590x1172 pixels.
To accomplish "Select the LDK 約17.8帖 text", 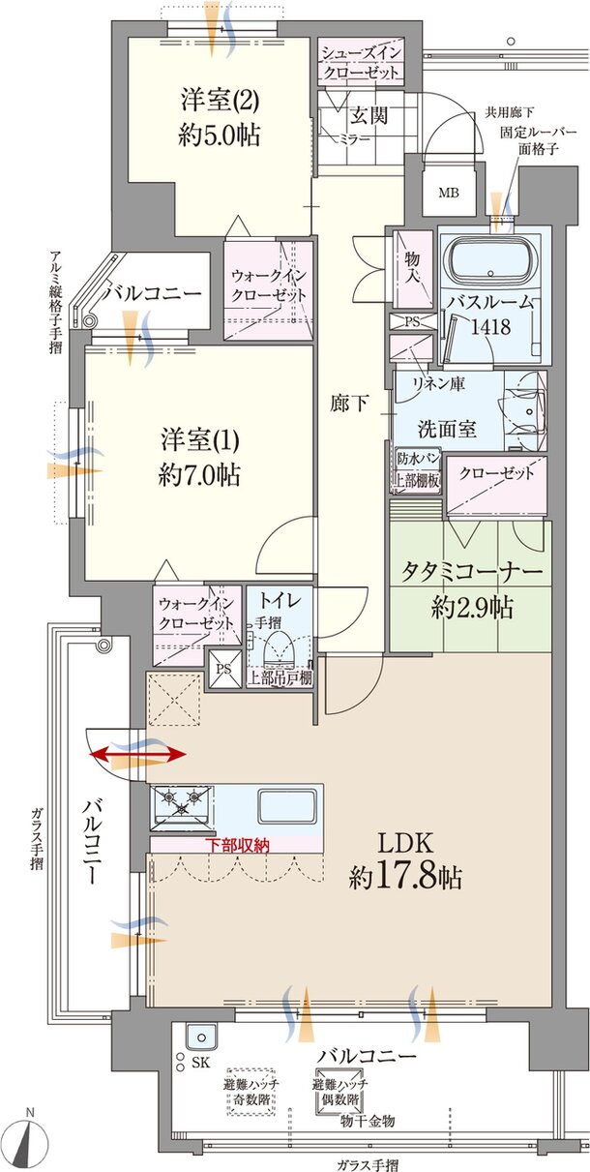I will coord(405,860).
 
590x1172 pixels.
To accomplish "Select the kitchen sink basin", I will coord(286,805).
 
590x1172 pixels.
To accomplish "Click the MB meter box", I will coord(451,193).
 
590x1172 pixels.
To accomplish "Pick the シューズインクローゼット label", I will coord(361,62).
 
